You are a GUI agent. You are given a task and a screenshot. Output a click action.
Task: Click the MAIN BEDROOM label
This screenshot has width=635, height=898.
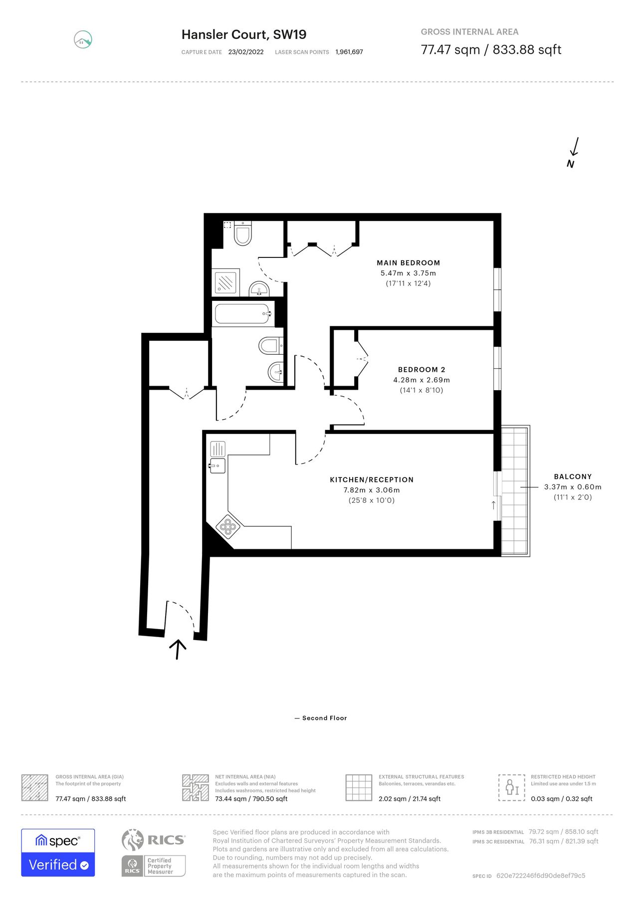pos(408,263)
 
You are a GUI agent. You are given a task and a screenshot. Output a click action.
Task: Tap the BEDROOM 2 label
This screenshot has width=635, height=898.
pos(422,370)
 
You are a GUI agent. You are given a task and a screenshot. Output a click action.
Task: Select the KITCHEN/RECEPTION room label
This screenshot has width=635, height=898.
pos(372,480)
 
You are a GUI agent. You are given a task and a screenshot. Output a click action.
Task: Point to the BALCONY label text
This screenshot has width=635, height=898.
pos(573,477)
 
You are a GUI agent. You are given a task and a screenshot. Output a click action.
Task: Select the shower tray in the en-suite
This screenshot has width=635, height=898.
pos(226,283)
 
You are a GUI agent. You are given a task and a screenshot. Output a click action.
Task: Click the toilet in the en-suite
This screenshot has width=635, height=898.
pos(243,233)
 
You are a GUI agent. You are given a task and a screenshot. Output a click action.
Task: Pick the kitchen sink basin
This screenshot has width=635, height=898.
pos(217,466)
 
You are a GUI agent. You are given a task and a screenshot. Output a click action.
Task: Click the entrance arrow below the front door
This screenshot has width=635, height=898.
pos(178,650)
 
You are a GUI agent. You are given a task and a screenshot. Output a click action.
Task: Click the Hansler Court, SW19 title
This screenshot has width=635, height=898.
pos(244,34)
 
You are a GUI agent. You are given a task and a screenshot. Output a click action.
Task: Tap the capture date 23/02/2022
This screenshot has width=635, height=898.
pos(246,52)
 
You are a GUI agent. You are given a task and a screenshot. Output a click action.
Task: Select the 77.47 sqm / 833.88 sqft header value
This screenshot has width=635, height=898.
pos(491,50)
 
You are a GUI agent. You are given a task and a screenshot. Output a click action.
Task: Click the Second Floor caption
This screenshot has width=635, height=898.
pos(324,718)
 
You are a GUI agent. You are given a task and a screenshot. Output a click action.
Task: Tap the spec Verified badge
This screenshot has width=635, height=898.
pos(58,853)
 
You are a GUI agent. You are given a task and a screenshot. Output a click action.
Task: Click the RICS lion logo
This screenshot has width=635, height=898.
pos(133,840)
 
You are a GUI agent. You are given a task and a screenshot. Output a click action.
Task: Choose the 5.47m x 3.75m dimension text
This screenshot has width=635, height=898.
pos(408,273)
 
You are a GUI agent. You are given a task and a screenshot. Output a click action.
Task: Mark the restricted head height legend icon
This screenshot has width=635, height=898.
pos(512,788)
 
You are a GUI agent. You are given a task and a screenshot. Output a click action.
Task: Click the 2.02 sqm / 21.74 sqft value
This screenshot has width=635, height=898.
pos(410,799)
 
